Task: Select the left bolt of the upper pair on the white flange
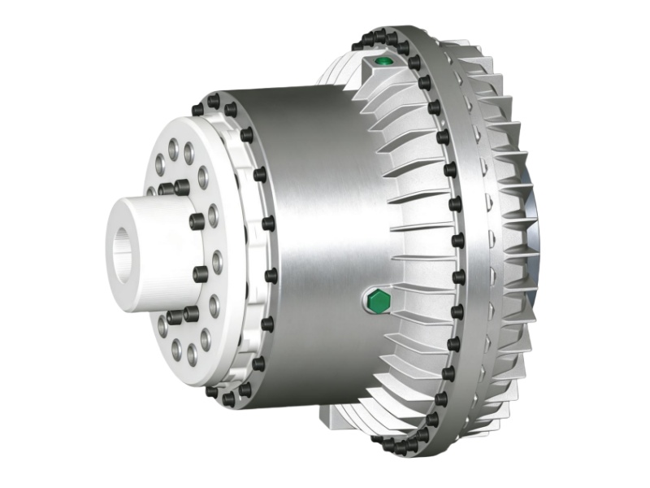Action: (x=167, y=190)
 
